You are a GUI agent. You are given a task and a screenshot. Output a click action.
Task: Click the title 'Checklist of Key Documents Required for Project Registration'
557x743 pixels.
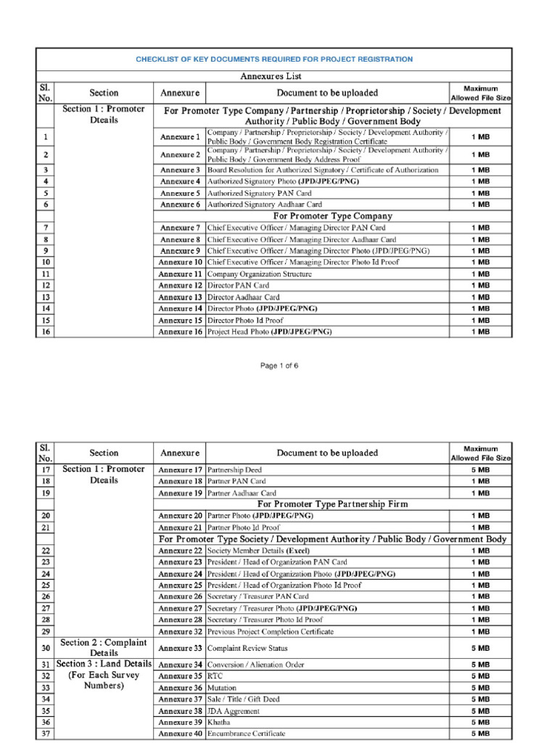[274, 59]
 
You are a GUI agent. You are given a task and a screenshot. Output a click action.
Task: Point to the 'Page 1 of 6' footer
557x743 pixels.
[279, 366]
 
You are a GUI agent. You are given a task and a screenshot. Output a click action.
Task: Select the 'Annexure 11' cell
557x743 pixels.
[180, 274]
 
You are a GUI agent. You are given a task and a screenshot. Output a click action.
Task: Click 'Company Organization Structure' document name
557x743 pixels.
[260, 274]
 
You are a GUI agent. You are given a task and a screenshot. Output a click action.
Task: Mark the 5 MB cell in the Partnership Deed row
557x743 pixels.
[480, 469]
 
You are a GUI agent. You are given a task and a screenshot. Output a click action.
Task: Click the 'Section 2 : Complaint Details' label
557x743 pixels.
[104, 648]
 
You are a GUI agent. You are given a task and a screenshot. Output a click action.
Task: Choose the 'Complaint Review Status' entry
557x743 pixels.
[247, 648]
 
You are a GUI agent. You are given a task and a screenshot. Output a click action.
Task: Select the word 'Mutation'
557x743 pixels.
[223, 688]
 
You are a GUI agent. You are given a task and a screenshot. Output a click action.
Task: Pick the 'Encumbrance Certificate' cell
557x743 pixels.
[247, 734]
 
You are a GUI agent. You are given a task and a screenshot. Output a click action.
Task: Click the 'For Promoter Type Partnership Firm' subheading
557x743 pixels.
[332, 504]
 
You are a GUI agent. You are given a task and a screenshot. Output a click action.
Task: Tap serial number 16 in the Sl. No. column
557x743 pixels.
[46, 332]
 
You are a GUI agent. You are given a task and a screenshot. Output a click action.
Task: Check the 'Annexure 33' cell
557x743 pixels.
[180, 648]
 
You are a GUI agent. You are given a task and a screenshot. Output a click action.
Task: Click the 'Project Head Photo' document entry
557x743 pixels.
[270, 332]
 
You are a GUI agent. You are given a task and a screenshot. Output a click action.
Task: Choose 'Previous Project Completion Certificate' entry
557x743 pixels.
[271, 631]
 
